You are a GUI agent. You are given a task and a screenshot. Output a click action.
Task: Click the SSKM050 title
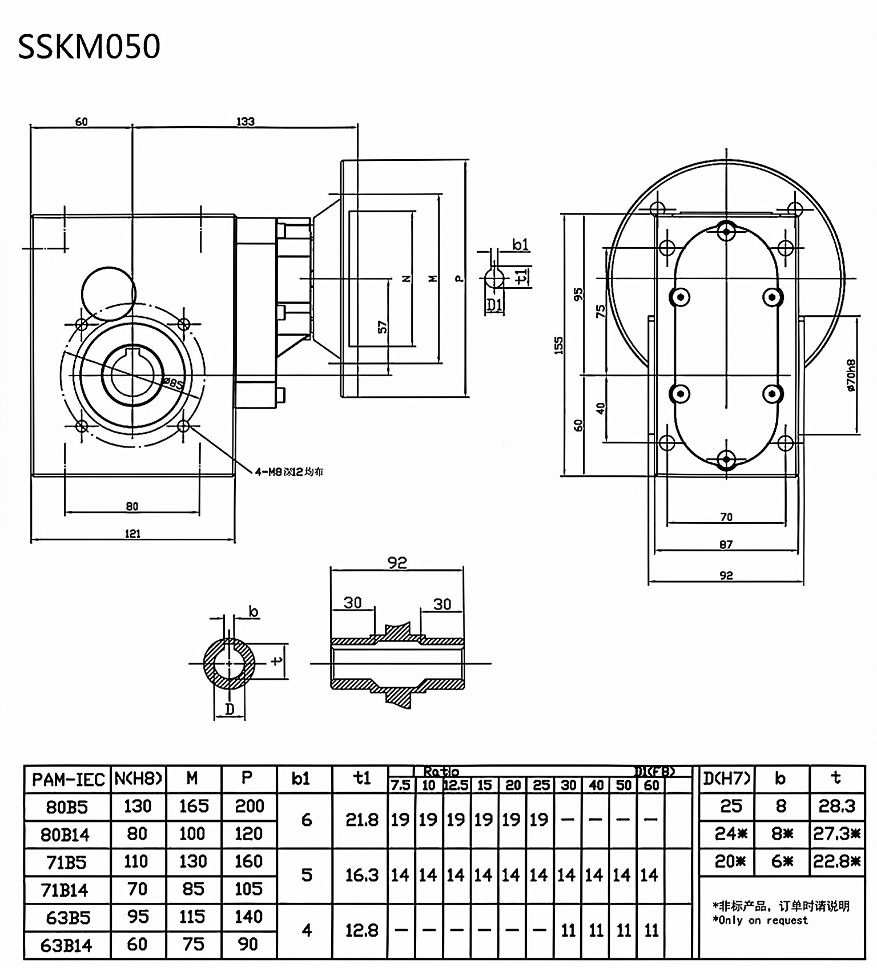89,47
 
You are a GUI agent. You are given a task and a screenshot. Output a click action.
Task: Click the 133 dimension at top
245,121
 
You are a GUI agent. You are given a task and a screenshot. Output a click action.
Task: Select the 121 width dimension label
132,534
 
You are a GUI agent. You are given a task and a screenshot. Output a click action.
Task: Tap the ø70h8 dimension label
851,375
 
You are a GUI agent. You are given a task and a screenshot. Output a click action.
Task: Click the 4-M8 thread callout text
289,471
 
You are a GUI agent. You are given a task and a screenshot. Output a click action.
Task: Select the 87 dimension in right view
726,544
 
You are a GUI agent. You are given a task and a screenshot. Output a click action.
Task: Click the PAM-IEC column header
68,780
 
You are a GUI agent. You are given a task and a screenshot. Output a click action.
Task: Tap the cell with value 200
249,806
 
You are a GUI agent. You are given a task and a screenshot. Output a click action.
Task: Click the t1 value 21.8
362,820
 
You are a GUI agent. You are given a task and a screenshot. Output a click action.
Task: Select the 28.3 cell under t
836,806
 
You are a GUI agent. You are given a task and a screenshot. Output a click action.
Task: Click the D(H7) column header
727,779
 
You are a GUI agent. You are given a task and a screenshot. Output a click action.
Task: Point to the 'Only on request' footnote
760,920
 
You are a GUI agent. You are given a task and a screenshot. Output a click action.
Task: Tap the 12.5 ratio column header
456,785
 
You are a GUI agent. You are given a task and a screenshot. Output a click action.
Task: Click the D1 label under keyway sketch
494,305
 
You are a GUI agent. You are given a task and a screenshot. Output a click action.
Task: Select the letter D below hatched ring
230,709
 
